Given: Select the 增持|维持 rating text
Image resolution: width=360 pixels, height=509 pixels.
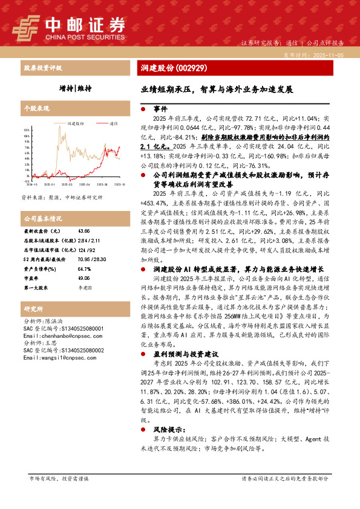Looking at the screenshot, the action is point(76,88).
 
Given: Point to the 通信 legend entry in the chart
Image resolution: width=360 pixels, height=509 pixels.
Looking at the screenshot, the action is point(114,123).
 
